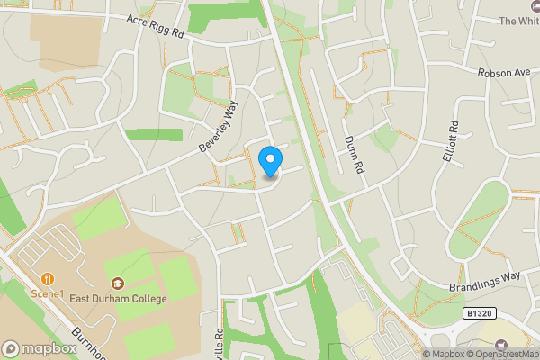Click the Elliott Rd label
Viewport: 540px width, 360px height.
450,142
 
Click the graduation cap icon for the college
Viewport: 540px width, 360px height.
118,283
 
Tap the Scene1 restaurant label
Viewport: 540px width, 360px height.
47,293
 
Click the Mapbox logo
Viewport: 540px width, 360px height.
40,348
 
